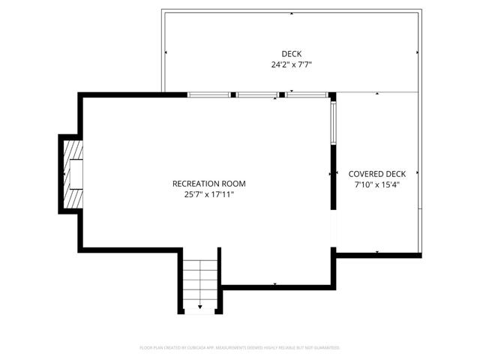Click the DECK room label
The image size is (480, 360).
[291, 53]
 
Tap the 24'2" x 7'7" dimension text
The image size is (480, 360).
[291, 65]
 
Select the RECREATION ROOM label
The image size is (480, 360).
[208, 184]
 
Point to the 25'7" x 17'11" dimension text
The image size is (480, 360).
[208, 195]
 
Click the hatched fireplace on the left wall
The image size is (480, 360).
[72, 174]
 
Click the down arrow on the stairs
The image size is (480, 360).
[200, 306]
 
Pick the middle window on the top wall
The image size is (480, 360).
[257, 95]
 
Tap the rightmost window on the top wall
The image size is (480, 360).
[306, 95]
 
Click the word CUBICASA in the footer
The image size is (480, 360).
[196, 348]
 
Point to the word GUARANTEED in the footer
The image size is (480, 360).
[325, 348]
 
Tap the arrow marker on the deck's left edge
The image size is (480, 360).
[166, 52]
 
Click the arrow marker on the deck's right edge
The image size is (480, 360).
[418, 52]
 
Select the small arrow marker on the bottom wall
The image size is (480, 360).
[275, 284]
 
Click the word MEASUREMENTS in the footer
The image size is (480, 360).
[237, 348]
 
